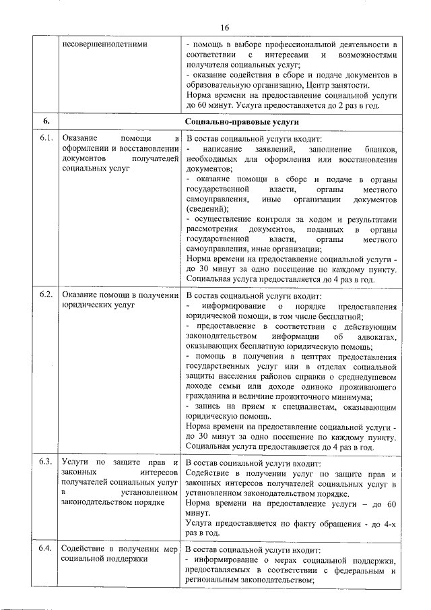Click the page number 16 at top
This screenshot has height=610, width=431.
tap(224, 27)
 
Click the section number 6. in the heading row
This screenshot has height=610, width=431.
tap(46, 121)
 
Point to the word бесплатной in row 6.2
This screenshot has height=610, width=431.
tap(343, 316)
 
